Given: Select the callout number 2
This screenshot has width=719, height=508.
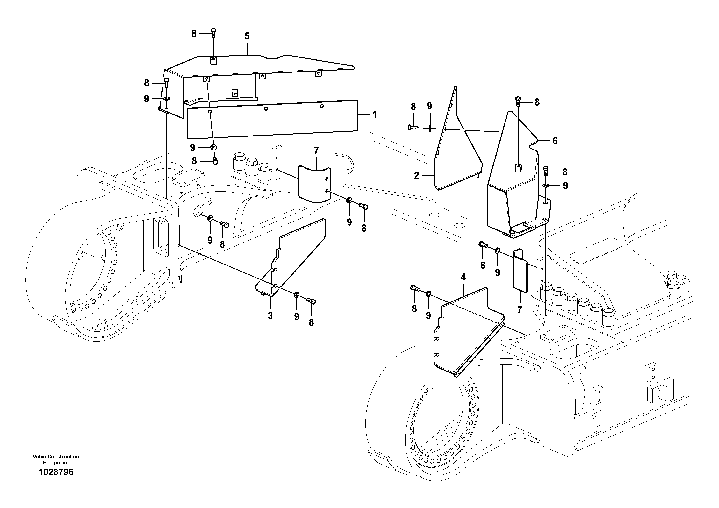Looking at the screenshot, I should pyautogui.click(x=416, y=176).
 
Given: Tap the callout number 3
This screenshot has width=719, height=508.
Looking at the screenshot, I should pyautogui.click(x=270, y=316).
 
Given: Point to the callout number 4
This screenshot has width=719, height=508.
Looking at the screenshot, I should pyautogui.click(x=463, y=277).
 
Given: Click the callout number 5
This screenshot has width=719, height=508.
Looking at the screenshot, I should pyautogui.click(x=247, y=36).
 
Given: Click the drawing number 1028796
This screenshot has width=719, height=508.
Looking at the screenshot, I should pyautogui.click(x=56, y=472).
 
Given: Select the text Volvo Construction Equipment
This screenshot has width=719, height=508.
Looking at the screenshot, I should pyautogui.click(x=56, y=459).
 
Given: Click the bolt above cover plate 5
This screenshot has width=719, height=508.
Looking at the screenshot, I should pyautogui.click(x=214, y=32).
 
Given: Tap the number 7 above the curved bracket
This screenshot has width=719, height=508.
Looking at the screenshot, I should pyautogui.click(x=316, y=151).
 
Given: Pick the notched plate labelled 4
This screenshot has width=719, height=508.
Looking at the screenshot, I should pyautogui.click(x=463, y=332).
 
